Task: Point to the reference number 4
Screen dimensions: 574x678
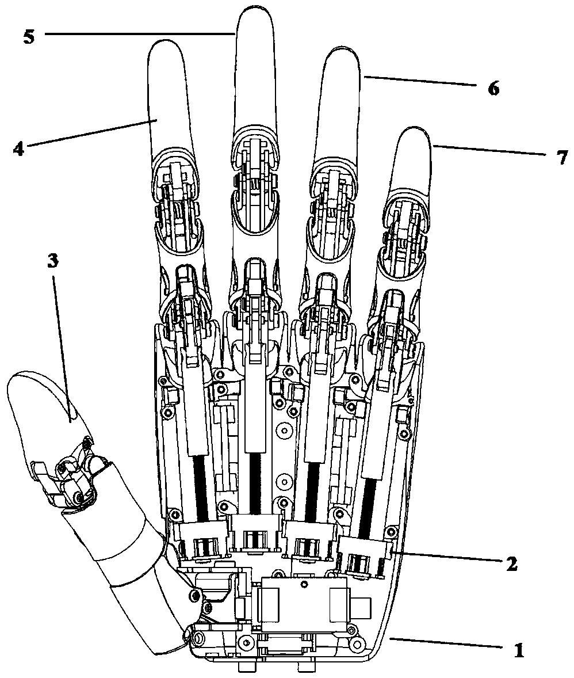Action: click(x=18, y=148)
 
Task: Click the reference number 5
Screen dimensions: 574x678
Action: click(x=29, y=36)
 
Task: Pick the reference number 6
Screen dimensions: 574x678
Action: click(x=493, y=88)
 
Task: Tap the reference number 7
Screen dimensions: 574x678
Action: click(x=561, y=158)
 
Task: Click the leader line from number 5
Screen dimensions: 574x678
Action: click(x=140, y=33)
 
